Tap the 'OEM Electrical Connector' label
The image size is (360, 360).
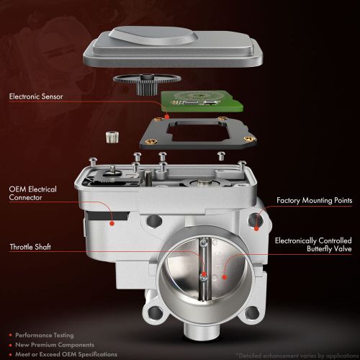pos(32,193)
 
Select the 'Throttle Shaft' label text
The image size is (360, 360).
pos(31,247)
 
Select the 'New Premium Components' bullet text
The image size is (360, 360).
pos(55,343)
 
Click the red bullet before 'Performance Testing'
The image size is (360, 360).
pos(12,335)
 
